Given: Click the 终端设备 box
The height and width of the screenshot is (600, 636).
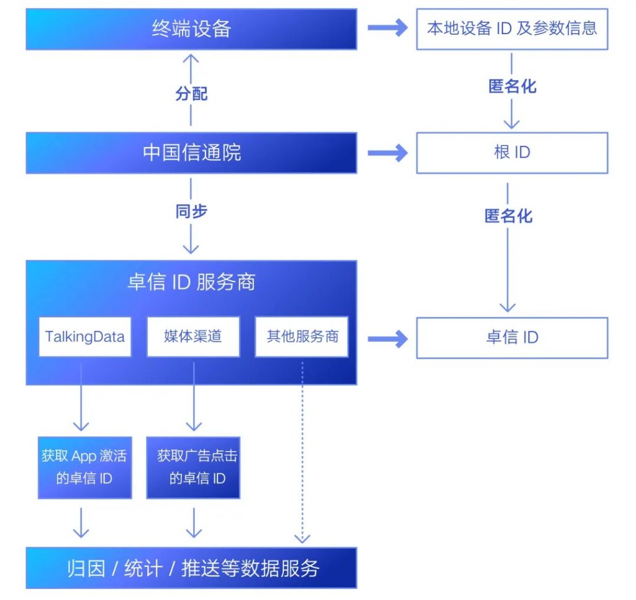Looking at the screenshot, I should pos(191,29).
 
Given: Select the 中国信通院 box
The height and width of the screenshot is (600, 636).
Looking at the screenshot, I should pos(191,152).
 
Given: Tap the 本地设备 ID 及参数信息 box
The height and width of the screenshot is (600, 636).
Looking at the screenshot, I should pos(512,29).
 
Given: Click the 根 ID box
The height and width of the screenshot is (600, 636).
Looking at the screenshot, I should pos(512,152).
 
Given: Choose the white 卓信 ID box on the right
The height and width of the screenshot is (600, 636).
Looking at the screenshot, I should pos(512,338).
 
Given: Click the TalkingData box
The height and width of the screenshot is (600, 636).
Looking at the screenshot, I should pos(85,337).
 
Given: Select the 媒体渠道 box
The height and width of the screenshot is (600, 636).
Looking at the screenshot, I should pos(193,337).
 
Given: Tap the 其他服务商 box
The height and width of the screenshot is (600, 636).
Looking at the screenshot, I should pos(302,337).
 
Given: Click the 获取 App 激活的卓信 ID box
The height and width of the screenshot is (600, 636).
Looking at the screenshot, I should pos(85,467).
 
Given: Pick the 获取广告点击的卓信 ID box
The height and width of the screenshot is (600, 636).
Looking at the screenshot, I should pos(193,467).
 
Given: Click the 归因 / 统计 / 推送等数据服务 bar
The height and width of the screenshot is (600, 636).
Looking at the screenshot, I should pos(191,568).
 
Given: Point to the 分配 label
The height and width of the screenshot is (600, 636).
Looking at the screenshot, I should pos(191,94).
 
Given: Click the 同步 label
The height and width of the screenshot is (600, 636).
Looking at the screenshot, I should pos(191,211).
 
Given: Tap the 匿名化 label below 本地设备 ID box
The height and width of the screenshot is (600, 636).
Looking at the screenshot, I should pos(512,86).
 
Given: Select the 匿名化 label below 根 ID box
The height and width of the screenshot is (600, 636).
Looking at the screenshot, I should pos(508,216).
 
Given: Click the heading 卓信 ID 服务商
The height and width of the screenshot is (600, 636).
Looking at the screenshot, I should pos(191,283).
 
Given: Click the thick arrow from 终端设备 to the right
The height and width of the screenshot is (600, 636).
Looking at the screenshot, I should pos(388,28).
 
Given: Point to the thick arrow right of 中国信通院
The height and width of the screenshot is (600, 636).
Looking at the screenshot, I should pos(388,152).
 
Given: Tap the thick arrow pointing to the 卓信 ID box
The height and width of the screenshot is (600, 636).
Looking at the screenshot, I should pos(388,339).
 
